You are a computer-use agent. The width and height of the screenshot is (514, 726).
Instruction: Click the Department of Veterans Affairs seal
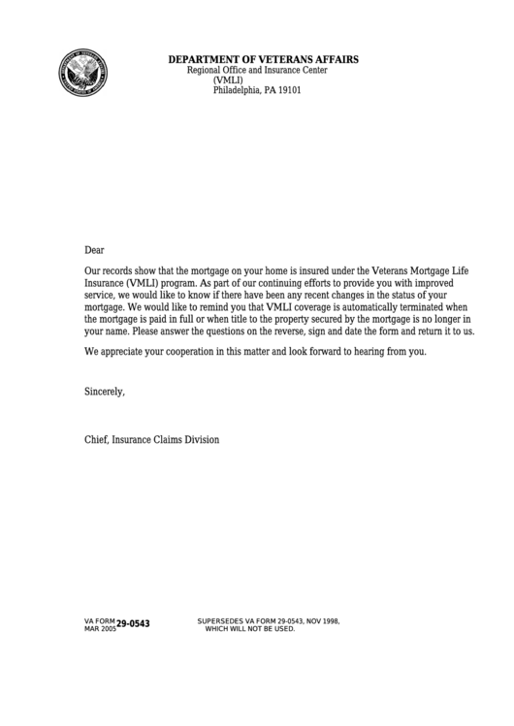click(x=82, y=72)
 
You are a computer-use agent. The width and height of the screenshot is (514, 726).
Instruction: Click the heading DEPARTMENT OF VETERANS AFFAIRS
click(x=263, y=60)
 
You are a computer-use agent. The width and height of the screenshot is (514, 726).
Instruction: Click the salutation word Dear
click(x=94, y=250)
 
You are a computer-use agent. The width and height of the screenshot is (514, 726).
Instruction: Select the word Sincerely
click(x=105, y=392)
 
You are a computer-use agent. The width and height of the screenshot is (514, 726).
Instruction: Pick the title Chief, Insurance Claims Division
click(x=151, y=440)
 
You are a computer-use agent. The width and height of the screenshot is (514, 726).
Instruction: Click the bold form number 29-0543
click(x=134, y=624)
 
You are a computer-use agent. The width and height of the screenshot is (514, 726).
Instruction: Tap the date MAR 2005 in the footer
click(x=100, y=628)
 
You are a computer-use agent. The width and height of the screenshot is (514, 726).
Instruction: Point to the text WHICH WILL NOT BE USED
click(x=249, y=628)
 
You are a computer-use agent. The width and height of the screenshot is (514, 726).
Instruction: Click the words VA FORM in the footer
click(x=100, y=620)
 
